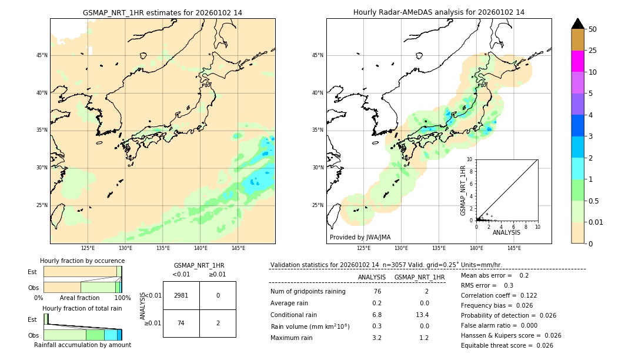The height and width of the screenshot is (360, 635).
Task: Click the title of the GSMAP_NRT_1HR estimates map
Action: [x=162, y=12]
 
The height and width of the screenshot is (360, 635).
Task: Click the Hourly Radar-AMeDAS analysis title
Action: [x=439, y=12]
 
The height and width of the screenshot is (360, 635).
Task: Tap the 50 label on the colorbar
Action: [x=593, y=29]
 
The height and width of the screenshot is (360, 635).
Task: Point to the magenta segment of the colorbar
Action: [x=577, y=61]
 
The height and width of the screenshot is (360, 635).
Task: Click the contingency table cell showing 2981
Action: [x=181, y=295]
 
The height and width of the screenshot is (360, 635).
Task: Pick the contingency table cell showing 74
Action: [x=181, y=323]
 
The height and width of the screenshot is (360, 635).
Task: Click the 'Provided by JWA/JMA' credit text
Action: [x=360, y=237]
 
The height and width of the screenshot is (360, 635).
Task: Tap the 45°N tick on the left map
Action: [x=42, y=55]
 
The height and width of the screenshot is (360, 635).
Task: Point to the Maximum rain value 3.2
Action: [x=376, y=338]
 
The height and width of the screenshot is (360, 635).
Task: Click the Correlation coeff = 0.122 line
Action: [x=499, y=295]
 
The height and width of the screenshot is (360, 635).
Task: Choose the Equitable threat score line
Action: [x=507, y=345]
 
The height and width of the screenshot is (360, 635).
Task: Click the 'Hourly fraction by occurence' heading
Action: [x=82, y=261]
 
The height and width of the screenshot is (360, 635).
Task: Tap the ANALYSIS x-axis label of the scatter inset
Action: [x=506, y=232]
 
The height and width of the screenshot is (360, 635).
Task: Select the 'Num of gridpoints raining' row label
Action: [x=308, y=291]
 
